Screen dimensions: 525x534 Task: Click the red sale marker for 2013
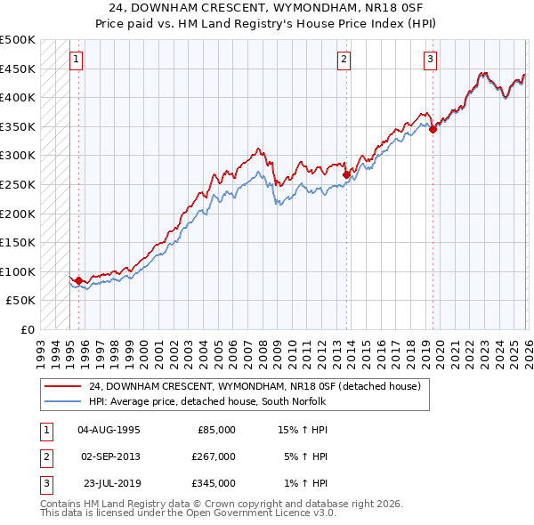tap(346, 175)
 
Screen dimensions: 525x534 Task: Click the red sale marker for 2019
tap(433, 129)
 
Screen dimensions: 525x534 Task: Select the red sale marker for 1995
tap(78, 281)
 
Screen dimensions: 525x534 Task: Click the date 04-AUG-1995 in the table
tap(109, 430)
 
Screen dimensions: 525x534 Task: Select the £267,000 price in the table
tap(213, 456)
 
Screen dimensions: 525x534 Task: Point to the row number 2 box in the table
tap(46, 456)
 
